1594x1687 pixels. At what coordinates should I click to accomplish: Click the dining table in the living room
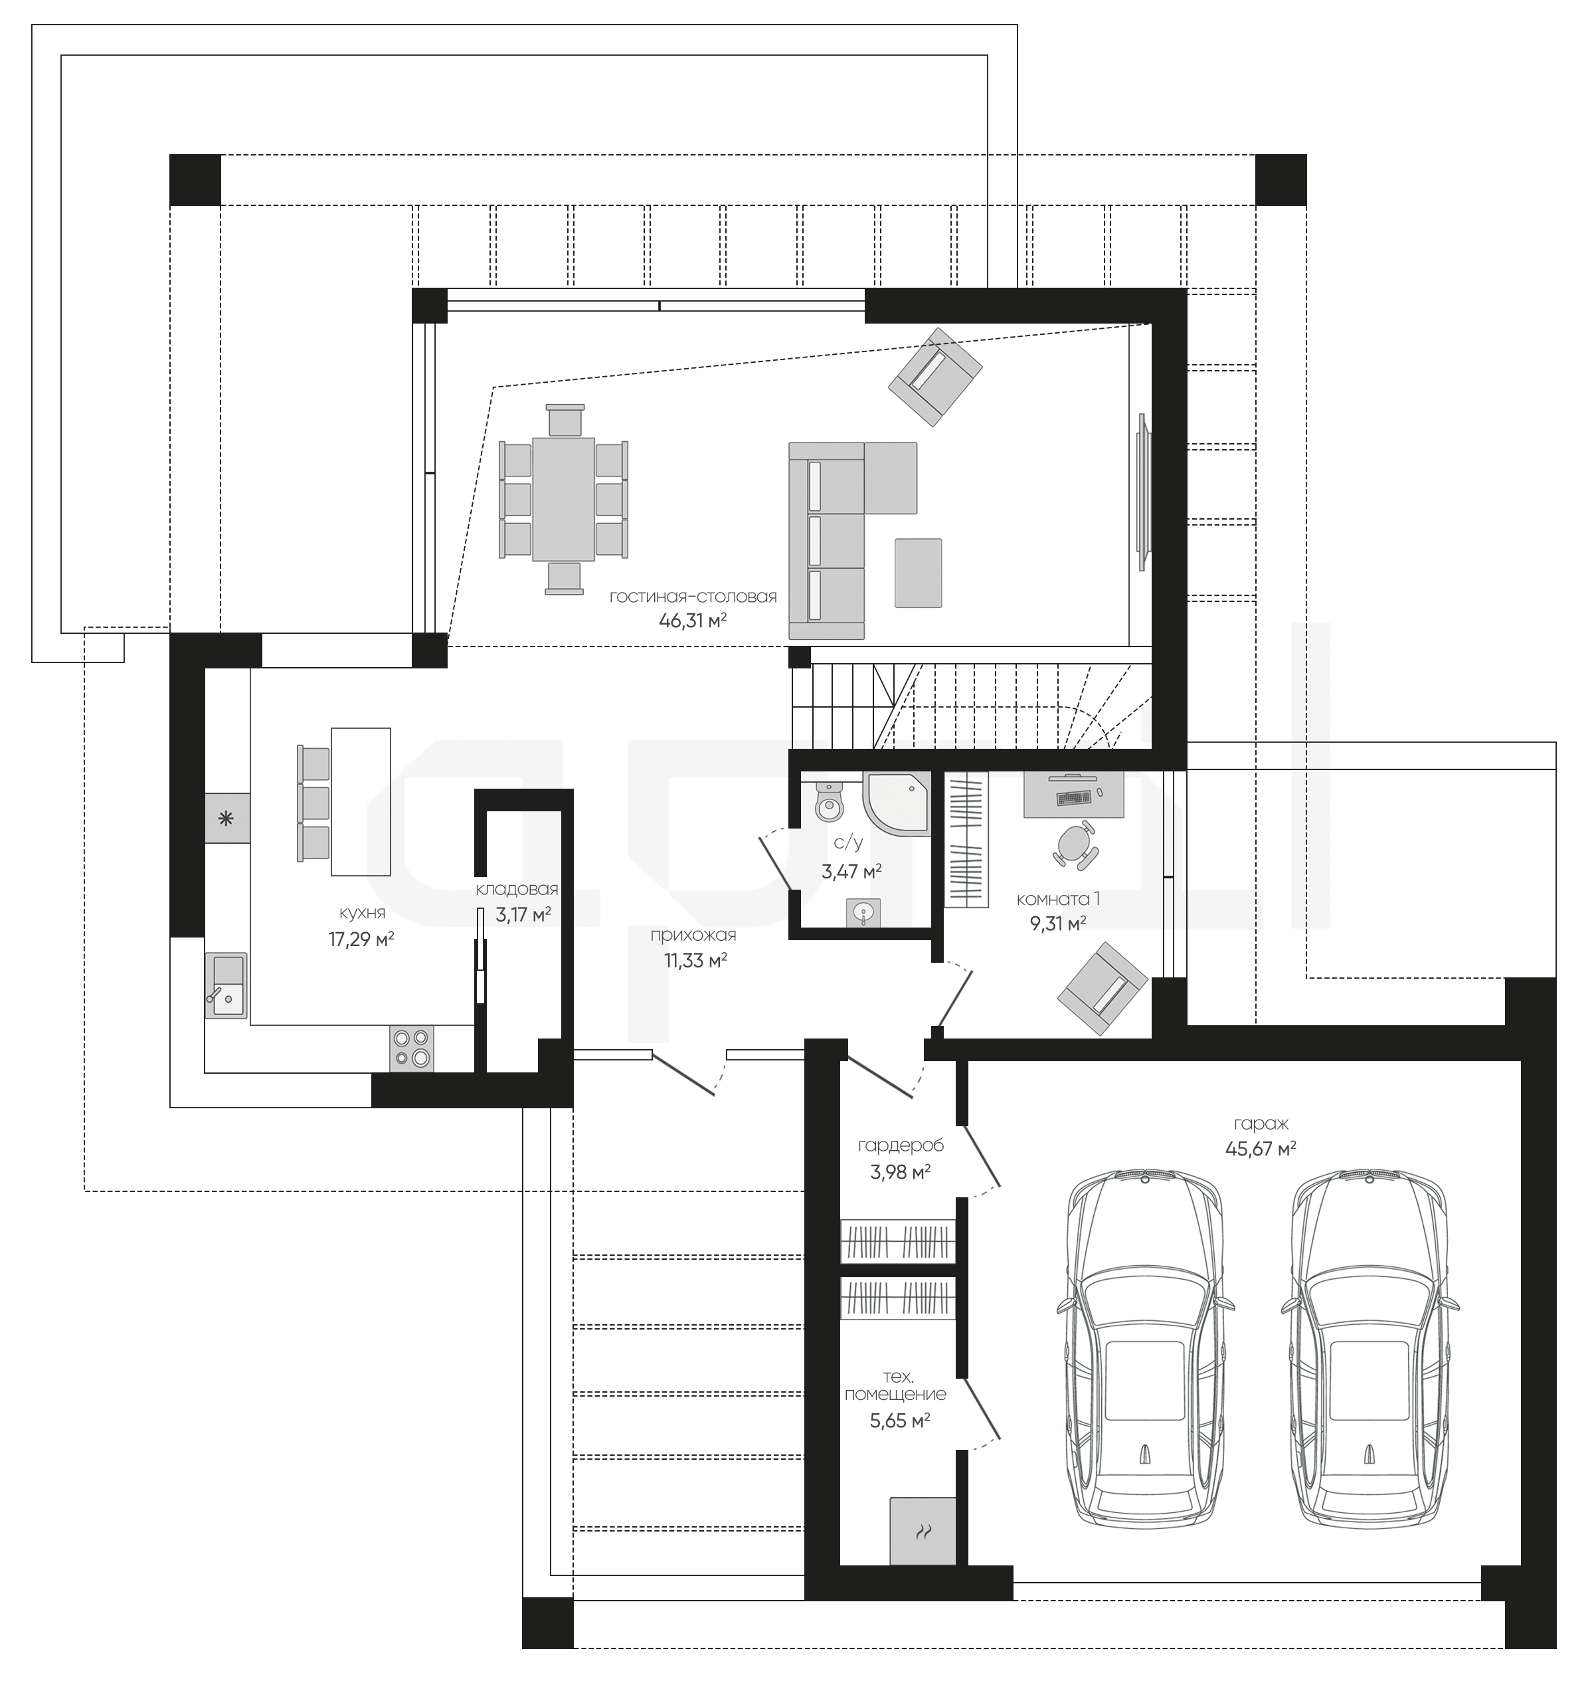[563, 499]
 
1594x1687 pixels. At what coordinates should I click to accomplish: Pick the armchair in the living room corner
[936, 377]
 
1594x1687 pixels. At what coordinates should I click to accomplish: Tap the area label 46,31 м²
[693, 621]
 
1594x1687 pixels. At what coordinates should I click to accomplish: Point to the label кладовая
[517, 890]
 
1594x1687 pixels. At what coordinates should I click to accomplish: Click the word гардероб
[901, 1145]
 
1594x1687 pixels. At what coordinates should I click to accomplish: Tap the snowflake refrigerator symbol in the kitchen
[226, 819]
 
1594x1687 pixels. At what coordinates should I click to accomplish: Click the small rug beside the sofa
[918, 573]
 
